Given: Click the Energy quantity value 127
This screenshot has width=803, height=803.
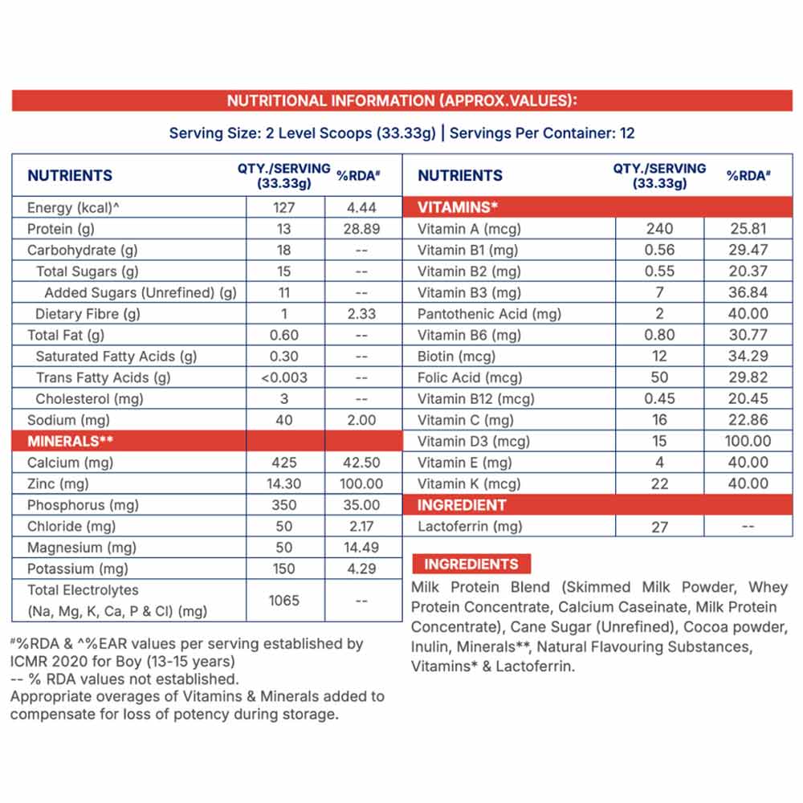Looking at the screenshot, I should coord(284,208).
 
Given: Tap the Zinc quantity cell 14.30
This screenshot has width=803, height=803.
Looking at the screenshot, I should coord(284,484).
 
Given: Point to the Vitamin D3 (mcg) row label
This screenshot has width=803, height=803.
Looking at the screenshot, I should coord(474,441).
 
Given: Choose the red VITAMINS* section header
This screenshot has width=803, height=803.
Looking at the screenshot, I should coord(458,207).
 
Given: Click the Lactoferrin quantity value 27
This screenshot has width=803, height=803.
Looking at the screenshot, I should coord(659,527).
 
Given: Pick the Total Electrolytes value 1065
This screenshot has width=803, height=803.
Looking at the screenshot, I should coord(284,600).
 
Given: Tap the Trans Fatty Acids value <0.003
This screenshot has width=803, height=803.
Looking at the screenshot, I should coord(284,377).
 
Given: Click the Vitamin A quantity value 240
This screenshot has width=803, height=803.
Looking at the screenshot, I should coord(659,229).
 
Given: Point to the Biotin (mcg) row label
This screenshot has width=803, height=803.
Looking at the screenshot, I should coord(457,356).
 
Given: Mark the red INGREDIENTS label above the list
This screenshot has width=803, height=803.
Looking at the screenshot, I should coord(471,564).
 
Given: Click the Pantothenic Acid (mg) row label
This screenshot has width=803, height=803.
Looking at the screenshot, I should coord(489,314).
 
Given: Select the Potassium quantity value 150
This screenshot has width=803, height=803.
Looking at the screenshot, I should coord(284,569).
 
